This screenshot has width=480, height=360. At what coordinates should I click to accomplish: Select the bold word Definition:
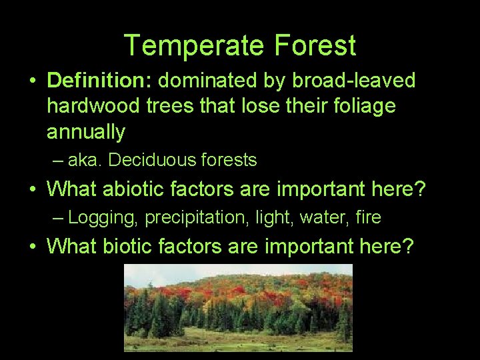tap(100, 81)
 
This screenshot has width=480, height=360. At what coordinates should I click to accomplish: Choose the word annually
tap(85, 132)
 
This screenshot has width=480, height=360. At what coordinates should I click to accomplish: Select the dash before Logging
tap(59, 218)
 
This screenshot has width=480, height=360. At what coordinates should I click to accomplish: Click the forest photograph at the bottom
tap(238, 307)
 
